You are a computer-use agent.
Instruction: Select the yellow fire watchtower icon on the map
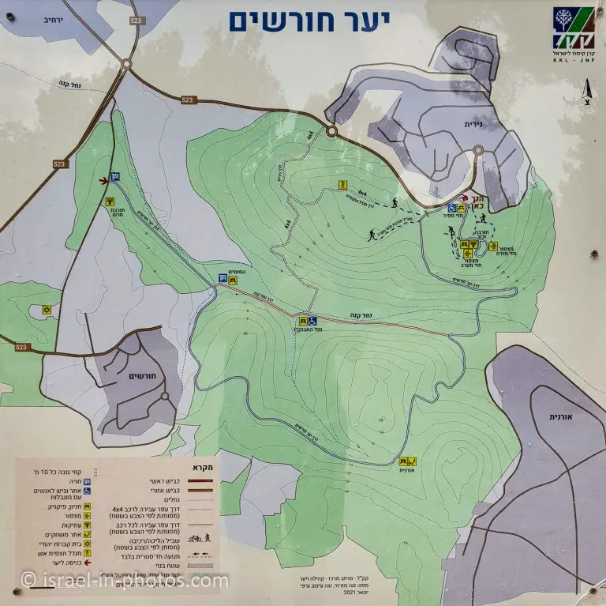click(x=342, y=184)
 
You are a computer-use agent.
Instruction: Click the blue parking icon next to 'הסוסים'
click(x=223, y=278)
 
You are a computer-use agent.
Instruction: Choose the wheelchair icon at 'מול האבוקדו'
click(x=313, y=321)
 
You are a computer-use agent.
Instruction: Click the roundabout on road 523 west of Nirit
click(x=332, y=131)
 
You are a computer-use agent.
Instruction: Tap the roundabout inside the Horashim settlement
click(x=165, y=397)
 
